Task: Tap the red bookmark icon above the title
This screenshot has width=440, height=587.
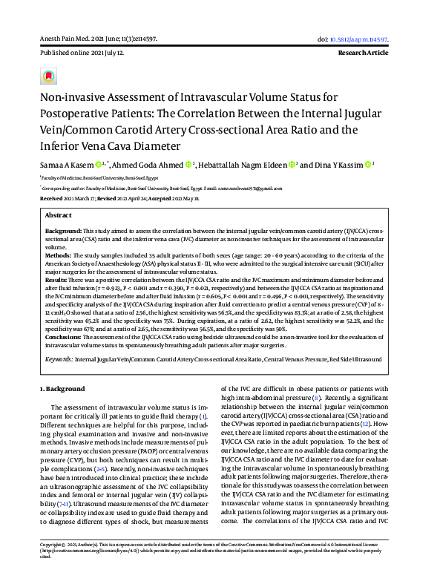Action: pos(49,76)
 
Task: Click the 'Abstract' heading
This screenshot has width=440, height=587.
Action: pos(58,214)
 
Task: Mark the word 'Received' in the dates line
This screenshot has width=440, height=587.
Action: pos(51,199)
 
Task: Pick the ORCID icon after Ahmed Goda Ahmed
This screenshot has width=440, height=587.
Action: pos(188,163)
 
